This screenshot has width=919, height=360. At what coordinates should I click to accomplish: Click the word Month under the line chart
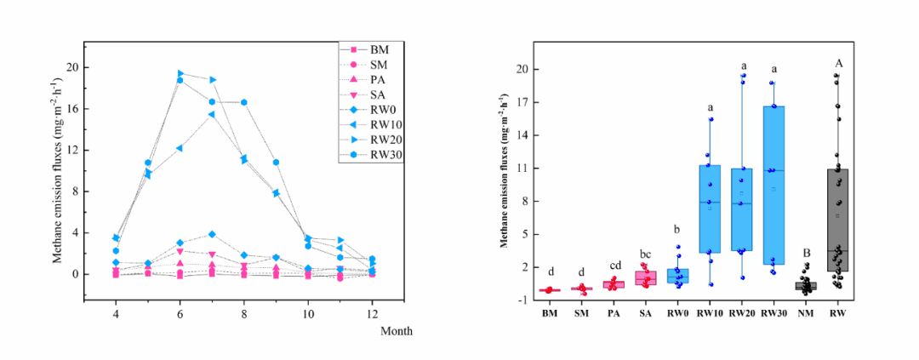pyautogui.click(x=396, y=331)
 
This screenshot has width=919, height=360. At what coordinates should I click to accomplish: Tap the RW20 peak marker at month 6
pyautogui.click(x=180, y=73)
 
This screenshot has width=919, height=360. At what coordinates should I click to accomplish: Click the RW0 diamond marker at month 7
pyautogui.click(x=212, y=234)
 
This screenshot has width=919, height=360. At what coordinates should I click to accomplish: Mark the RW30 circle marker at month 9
pyautogui.click(x=276, y=162)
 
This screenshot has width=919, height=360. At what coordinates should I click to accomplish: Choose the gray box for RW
pyautogui.click(x=838, y=220)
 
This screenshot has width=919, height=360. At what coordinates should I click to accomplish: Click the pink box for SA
pyautogui.click(x=645, y=278)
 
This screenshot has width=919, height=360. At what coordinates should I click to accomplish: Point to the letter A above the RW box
pyautogui.click(x=838, y=63)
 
